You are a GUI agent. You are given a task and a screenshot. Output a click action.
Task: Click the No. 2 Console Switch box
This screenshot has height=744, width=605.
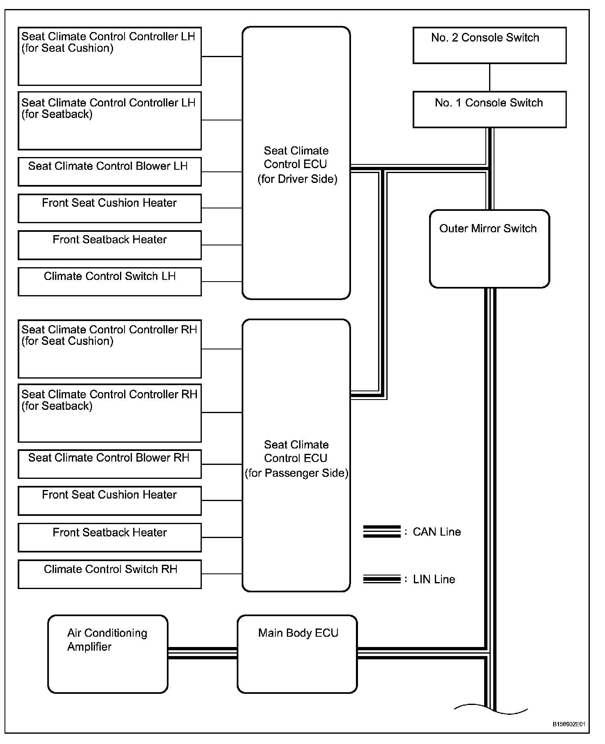point(489,45)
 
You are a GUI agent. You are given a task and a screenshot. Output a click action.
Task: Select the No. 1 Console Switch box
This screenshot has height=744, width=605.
point(489,109)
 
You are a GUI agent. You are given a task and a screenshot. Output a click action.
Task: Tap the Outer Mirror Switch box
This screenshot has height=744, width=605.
point(489,249)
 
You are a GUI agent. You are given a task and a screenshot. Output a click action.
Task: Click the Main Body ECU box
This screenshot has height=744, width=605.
point(297,654)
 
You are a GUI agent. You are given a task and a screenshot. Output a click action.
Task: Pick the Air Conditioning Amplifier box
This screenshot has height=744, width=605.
point(108,654)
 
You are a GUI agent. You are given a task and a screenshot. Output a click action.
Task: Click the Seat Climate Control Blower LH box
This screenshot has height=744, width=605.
point(110,171)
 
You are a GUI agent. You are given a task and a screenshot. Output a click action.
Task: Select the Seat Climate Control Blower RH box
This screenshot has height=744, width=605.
point(110,464)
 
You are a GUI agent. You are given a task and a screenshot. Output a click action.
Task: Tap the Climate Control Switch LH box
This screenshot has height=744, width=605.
point(110,282)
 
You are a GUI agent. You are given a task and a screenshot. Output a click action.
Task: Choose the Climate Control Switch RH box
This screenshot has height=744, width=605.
point(110,574)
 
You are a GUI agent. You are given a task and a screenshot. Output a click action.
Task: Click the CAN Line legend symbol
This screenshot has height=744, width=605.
point(381,531)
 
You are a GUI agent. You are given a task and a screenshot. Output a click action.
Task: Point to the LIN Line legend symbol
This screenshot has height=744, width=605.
point(381,579)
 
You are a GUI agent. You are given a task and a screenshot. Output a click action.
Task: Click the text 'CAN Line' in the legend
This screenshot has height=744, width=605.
point(436,532)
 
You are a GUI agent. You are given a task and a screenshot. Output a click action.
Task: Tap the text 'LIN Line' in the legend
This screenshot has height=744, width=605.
point(434,580)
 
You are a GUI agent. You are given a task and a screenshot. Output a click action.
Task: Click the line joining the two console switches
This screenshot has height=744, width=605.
point(490,77)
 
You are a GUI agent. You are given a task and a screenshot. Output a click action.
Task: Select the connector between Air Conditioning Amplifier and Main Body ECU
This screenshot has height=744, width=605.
point(202,653)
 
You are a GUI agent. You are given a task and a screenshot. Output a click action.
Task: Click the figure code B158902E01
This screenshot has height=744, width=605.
point(569,724)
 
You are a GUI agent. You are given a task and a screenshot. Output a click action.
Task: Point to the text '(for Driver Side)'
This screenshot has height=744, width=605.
point(297,179)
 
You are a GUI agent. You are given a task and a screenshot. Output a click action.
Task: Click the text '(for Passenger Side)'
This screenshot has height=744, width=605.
point(296,473)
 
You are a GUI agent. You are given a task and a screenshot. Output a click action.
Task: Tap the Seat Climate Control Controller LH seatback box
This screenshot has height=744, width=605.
point(110,120)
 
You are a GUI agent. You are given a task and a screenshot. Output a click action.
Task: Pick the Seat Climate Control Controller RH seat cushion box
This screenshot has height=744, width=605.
point(110,349)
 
